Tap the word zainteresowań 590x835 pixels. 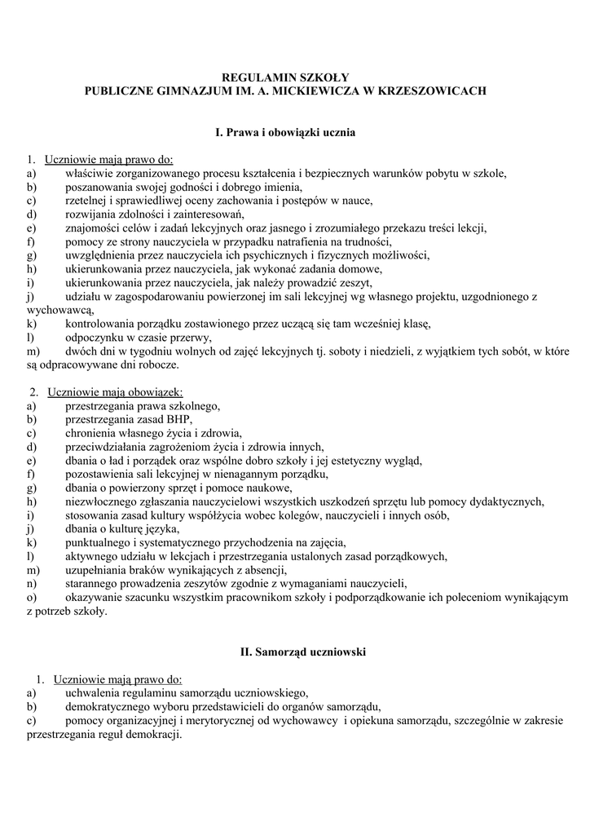click(x=205, y=214)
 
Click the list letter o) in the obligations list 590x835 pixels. click(x=32, y=598)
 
